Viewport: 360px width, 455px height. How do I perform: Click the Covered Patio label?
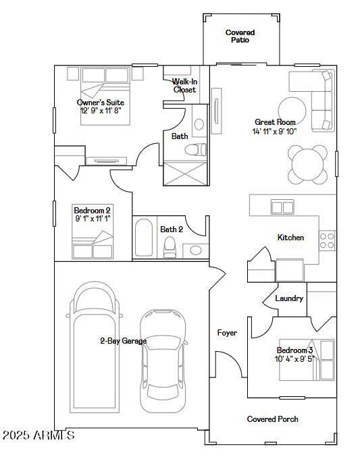click(x=240, y=36)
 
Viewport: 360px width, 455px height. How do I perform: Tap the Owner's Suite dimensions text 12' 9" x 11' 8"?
click(x=101, y=111)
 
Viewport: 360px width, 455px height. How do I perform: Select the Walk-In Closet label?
click(x=184, y=86)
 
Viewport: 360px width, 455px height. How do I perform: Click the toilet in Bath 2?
click(x=170, y=248)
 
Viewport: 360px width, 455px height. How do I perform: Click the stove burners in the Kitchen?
click(x=327, y=240)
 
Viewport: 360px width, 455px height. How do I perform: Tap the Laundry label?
click(x=289, y=298)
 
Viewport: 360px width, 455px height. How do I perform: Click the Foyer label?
click(x=226, y=333)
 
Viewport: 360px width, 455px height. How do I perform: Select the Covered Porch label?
click(x=272, y=419)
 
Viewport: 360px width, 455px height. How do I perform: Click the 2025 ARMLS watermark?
click(x=38, y=435)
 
